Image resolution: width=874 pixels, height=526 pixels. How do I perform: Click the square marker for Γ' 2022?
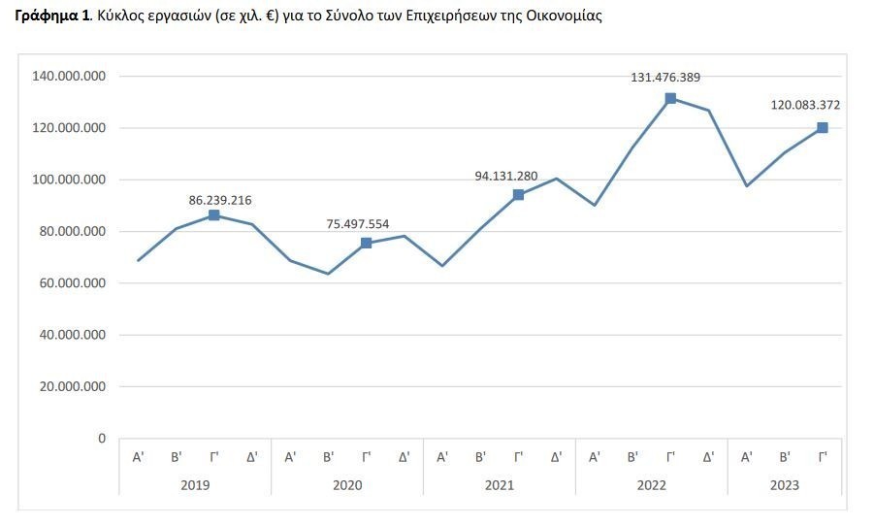coord(670,98)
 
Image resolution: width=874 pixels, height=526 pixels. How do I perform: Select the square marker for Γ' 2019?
coord(214,215)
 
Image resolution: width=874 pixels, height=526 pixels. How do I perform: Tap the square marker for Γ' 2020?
coord(366,244)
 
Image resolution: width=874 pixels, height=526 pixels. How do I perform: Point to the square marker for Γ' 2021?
coord(518,195)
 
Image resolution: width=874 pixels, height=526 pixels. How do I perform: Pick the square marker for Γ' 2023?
coord(823,128)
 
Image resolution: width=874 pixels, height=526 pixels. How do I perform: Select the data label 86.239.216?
coord(220,200)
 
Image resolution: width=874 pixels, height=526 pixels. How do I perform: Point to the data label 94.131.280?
coord(505,177)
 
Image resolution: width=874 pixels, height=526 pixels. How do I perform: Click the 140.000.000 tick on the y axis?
coord(69,76)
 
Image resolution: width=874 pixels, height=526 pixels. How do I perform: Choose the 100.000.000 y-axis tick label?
coord(69,180)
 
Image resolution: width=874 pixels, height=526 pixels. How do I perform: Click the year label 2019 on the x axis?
coord(195,483)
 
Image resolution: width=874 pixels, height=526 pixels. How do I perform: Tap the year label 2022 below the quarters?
coord(651,483)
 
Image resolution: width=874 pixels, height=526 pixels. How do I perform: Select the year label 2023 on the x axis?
coord(785,483)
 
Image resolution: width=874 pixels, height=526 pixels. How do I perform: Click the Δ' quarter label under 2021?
coord(556,456)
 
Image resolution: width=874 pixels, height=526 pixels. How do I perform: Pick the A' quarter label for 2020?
coord(290,456)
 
